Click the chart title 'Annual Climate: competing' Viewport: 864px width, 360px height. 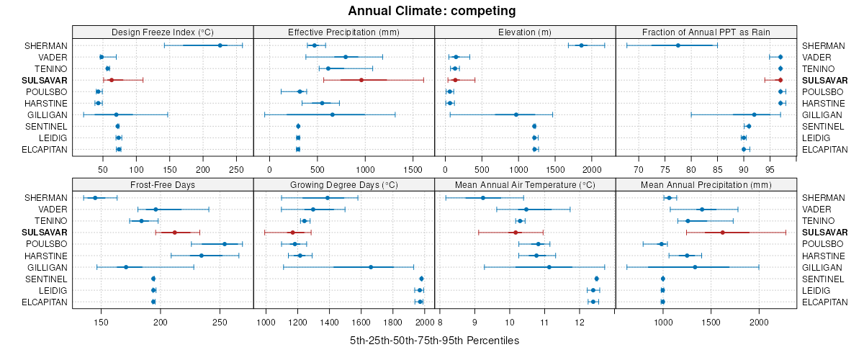click(432, 11)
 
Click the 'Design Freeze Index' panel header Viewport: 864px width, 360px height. click(163, 32)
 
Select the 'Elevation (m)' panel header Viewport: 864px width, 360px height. click(525, 32)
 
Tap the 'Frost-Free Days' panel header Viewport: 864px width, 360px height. click(163, 185)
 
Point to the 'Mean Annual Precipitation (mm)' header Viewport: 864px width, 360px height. click(706, 185)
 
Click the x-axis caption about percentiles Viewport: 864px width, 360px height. click(434, 340)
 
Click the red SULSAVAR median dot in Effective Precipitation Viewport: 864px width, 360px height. click(361, 80)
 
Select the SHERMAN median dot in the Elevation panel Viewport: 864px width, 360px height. click(581, 45)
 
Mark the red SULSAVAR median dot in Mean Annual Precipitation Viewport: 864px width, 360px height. click(722, 233)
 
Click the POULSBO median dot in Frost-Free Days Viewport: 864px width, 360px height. click(225, 244)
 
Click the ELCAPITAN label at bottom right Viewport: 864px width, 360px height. click(824, 302)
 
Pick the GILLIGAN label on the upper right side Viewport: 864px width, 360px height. click(822, 114)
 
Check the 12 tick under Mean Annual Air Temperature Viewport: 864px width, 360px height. click(580, 323)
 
